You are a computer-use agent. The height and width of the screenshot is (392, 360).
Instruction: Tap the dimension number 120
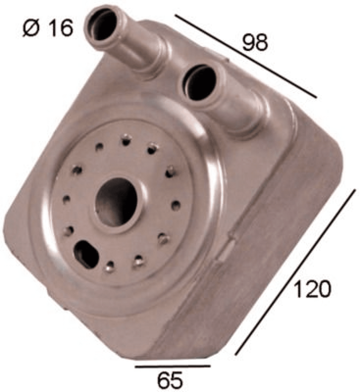[x=312, y=289]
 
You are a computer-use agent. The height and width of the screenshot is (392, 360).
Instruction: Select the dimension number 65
[x=170, y=380]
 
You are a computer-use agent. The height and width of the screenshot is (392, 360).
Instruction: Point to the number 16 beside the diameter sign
[x=60, y=28]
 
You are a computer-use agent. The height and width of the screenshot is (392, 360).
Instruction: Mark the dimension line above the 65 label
[x=172, y=366]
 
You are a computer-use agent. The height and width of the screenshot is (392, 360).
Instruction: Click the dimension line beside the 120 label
[x=295, y=272]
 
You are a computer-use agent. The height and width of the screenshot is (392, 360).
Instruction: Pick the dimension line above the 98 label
[x=246, y=56]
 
